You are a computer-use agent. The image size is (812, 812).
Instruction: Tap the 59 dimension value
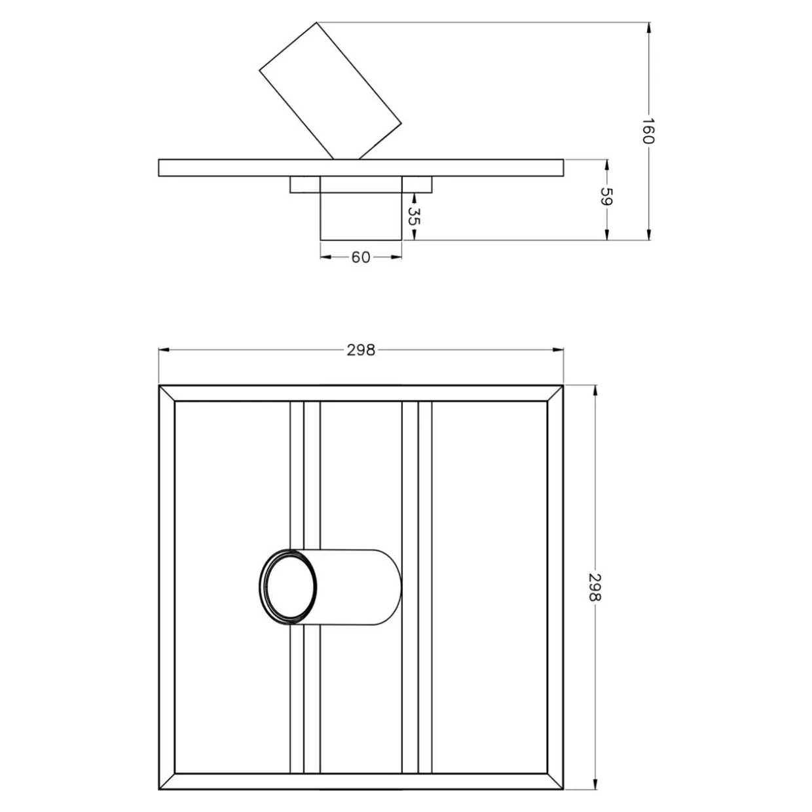coord(606,196)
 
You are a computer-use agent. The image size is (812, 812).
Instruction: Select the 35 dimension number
coord(415,216)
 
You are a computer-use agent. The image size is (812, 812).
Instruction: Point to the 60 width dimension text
coord(361,257)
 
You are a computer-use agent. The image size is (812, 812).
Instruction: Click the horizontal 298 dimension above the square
coord(361,350)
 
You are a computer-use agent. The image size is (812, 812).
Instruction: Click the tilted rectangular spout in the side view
coord(330,91)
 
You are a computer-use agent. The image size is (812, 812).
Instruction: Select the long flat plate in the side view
coord(361,168)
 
